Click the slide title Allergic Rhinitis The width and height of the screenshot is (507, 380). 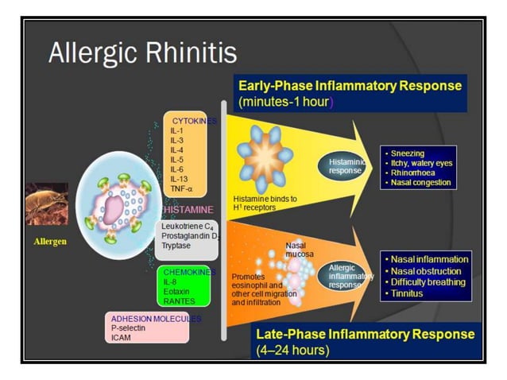142,52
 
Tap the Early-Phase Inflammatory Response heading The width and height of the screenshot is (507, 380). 350,85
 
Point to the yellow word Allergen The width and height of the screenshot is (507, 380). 49,240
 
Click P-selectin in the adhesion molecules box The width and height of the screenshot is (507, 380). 130,328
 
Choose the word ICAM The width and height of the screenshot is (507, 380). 121,337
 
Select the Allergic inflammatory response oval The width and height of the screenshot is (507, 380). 349,276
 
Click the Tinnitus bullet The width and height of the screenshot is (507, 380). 407,293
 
